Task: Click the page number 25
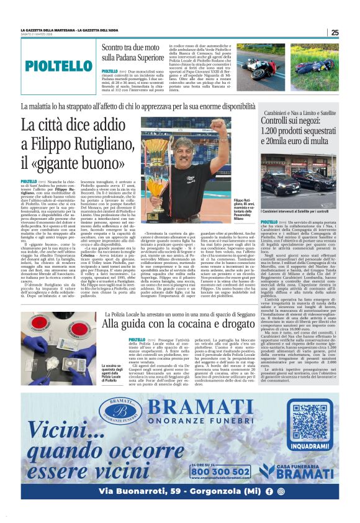pos(334,32)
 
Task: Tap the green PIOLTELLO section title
pos(60,66)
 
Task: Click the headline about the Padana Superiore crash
pos(133,53)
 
